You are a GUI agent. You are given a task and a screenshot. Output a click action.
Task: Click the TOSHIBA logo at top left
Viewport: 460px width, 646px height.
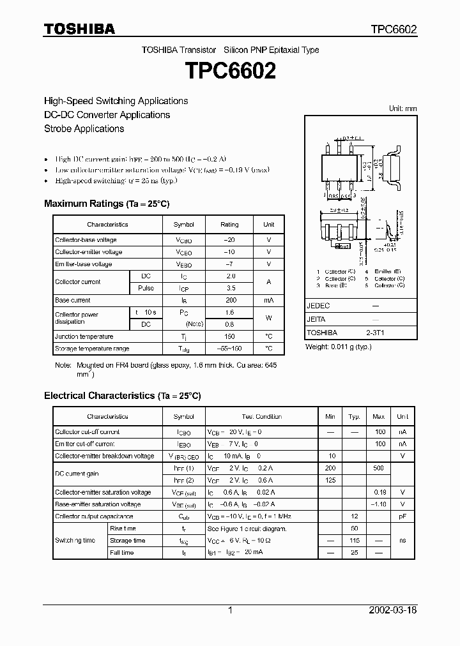[x=79, y=29]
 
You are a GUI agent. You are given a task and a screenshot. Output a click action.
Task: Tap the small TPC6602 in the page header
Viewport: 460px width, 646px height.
[x=394, y=29]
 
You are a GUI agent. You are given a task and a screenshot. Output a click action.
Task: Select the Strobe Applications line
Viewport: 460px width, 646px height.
[x=84, y=128]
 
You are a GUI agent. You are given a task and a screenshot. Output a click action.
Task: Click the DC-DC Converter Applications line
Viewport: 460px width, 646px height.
[x=107, y=115]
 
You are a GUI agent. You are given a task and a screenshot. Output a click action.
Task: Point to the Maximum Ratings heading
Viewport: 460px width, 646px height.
[x=107, y=204]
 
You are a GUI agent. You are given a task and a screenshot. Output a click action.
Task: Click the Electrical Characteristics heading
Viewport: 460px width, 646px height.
[x=122, y=396]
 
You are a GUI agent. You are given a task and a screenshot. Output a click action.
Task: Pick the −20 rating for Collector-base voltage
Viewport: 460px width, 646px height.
[x=229, y=240]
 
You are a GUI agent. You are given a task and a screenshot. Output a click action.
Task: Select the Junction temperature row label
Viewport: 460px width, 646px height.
[x=84, y=336]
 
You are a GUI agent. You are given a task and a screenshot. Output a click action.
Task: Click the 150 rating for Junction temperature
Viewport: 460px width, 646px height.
[x=229, y=336]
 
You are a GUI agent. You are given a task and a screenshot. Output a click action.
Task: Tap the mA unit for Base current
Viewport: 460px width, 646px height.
[x=268, y=300]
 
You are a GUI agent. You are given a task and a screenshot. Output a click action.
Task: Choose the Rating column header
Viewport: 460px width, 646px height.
[x=229, y=225]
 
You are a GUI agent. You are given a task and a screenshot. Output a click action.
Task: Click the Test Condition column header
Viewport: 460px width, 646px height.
[x=261, y=417]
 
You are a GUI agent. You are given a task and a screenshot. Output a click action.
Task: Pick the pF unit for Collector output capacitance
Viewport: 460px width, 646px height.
[x=402, y=516]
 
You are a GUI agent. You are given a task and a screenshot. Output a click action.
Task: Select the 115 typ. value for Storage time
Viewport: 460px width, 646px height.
[x=354, y=541]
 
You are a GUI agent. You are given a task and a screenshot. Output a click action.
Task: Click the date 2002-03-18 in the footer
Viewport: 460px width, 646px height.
[x=394, y=610]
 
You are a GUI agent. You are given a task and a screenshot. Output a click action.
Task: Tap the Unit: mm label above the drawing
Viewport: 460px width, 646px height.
[x=402, y=109]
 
